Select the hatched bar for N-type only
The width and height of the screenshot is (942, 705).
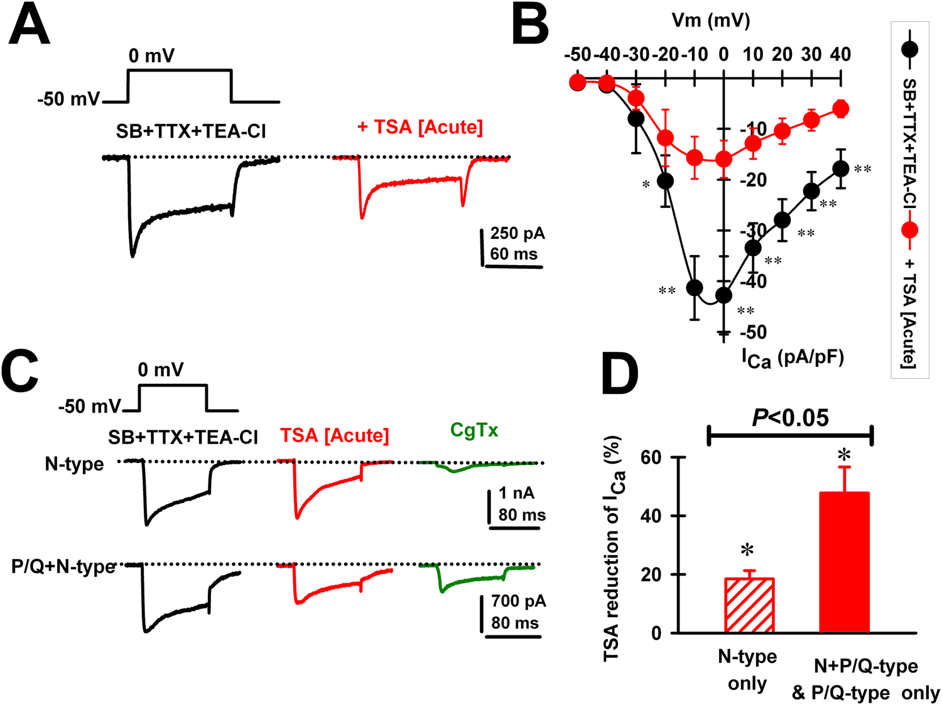point(749,605)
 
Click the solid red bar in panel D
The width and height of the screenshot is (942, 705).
point(845,562)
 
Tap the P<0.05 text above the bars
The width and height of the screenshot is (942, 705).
point(790,418)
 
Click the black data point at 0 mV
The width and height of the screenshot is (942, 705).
point(723,295)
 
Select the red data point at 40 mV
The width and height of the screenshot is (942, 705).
point(841,109)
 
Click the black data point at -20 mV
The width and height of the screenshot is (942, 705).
point(665,181)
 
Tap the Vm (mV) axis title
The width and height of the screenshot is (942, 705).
point(711,21)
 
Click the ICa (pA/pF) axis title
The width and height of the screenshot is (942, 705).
point(793,358)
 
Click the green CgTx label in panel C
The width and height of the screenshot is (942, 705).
point(474,430)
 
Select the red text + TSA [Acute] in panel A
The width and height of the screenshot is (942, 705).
point(420,128)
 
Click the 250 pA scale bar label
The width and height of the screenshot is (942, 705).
point(517,233)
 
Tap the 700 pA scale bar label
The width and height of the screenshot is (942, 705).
point(518,601)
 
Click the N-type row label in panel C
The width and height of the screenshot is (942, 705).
point(74,464)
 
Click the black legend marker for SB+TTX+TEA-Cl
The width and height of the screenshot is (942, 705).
point(909,49)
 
